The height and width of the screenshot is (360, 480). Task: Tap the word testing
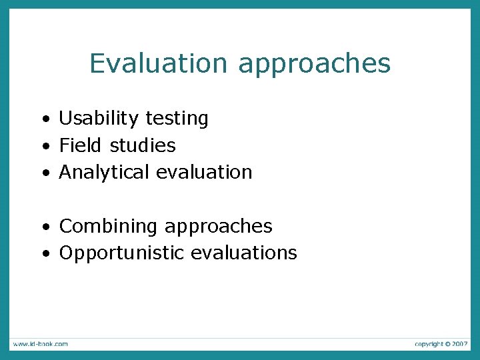coord(177,119)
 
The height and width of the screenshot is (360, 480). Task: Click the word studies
coord(143,145)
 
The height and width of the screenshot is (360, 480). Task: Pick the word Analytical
coord(105,173)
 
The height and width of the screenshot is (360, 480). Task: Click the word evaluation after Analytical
coord(205,172)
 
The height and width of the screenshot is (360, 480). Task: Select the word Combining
coord(109,227)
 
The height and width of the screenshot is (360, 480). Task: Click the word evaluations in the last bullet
coord(244,253)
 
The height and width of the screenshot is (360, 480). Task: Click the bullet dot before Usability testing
coord(45,120)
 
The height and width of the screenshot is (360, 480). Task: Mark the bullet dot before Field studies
coord(45,147)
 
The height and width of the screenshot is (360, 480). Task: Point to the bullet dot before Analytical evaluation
coord(45,173)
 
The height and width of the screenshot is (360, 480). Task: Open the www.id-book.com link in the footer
coord(39,344)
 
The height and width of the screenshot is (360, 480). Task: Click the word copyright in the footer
coord(428,344)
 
